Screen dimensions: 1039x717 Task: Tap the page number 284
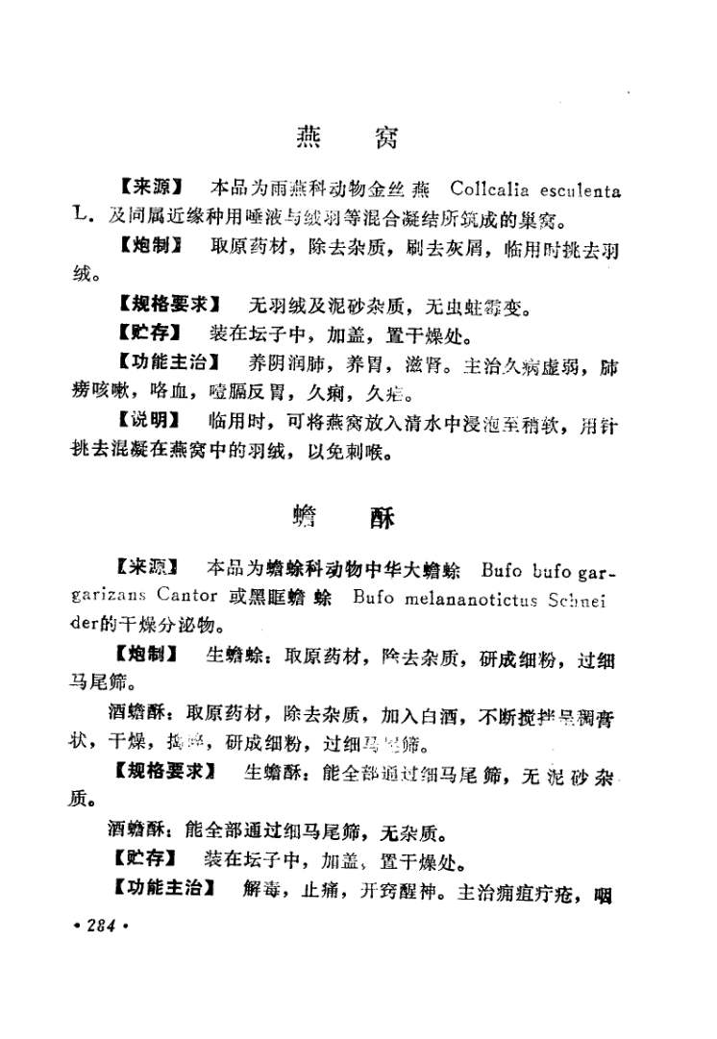100,926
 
